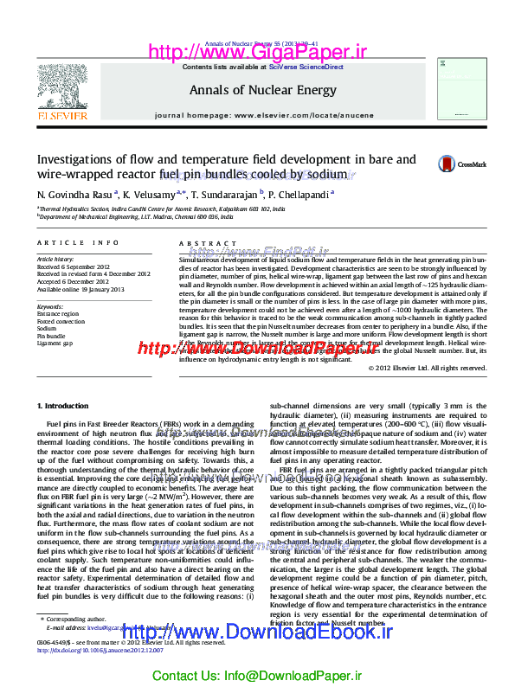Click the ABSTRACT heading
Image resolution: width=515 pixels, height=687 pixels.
click(x=195, y=245)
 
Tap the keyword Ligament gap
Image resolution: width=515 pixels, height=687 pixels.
click(x=55, y=343)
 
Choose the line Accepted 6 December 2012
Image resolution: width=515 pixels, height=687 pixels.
click(x=73, y=282)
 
